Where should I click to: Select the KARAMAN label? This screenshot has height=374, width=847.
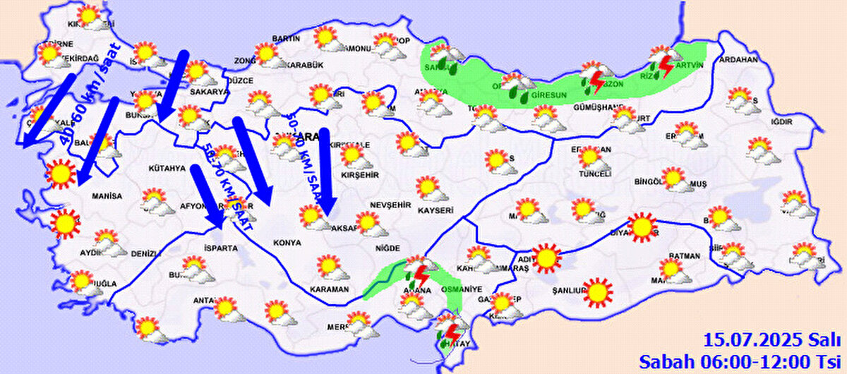[x=329, y=289]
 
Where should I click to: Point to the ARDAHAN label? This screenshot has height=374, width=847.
[x=738, y=60]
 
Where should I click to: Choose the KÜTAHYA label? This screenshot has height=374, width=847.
[x=167, y=169]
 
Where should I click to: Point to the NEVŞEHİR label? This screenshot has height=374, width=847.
[x=390, y=205]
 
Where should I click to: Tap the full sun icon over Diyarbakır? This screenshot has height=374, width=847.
[x=642, y=227]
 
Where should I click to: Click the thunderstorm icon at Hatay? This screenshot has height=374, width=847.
[x=450, y=336]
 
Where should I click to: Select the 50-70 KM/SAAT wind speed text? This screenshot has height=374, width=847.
[x=219, y=180]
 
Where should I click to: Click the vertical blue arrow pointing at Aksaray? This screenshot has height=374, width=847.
[x=325, y=169]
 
